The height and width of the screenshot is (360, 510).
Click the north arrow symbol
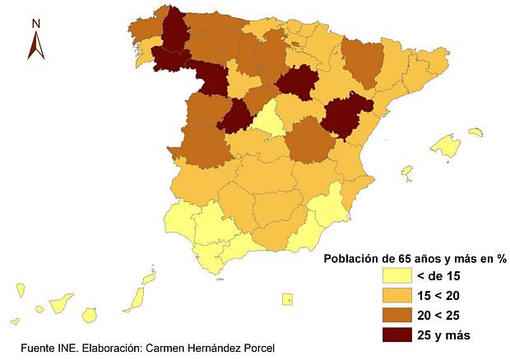[35, 45]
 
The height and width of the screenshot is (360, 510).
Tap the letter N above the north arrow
[35, 24]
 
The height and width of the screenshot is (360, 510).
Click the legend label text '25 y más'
[444, 334]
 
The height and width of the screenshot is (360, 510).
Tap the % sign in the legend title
[500, 258]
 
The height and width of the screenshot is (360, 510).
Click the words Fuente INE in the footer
[46, 348]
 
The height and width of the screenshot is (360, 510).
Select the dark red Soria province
[298, 84]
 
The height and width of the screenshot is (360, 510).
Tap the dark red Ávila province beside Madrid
[237, 116]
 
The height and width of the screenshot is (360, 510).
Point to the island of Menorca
[475, 132]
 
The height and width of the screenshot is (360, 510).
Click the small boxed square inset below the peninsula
[286, 299]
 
